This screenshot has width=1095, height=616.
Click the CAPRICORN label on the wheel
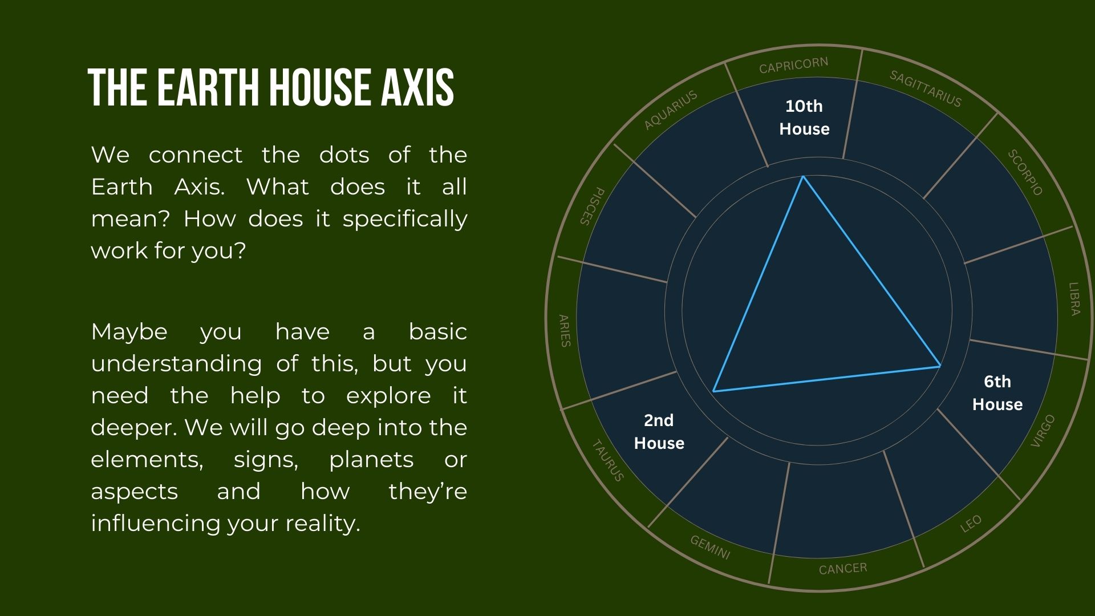793,66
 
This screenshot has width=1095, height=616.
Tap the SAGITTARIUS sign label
926,88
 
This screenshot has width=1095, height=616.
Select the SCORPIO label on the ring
1025,172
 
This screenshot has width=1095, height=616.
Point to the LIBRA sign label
1074,299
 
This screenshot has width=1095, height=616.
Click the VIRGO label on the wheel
1044,431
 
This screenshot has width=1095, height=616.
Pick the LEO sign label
971,523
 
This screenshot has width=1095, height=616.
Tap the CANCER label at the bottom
843,569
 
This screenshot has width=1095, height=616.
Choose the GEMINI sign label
710,548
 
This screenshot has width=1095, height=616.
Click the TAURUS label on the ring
608,460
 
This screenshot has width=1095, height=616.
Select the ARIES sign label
564,331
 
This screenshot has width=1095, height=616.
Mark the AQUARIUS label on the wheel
671,110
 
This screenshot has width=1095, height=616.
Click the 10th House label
804,117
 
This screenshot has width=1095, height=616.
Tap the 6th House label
997,393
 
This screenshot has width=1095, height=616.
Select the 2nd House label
659,432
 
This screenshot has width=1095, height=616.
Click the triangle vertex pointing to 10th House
803,176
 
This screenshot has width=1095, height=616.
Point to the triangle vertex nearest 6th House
940,366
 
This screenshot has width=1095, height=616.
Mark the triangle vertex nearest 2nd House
713,391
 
